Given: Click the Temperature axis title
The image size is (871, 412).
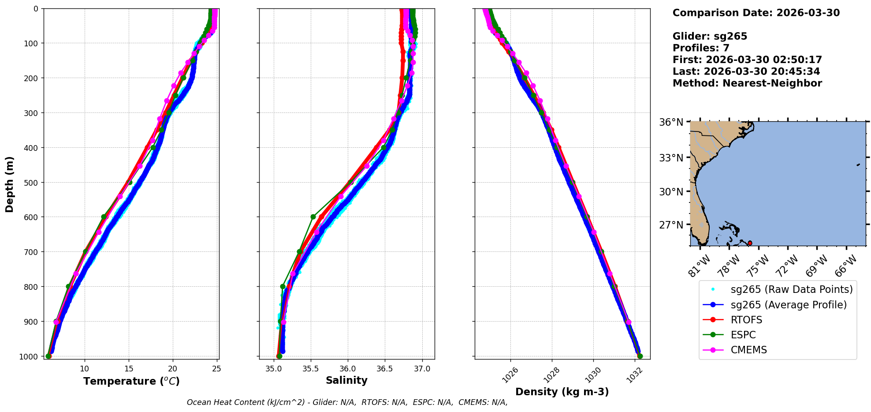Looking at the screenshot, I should click(131, 381).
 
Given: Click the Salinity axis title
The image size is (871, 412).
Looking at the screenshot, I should click(346, 380).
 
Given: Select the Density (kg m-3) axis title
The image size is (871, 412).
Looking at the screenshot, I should click(562, 392).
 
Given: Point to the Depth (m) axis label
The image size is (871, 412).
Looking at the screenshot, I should click(9, 184).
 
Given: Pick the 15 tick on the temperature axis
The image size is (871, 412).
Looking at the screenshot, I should click(129, 369).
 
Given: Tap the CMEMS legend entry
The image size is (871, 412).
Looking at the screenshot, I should click(748, 350).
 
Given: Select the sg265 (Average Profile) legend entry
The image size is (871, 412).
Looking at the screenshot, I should click(789, 305).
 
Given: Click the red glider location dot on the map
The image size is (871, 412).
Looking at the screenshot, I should click(750, 243).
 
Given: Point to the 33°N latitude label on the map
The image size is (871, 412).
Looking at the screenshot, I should click(671, 157).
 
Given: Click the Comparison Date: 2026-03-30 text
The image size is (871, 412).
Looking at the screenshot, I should click(756, 13).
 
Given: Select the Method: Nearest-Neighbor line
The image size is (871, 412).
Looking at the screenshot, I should click(747, 83).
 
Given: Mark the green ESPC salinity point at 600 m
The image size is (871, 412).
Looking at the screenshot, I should click(313, 217).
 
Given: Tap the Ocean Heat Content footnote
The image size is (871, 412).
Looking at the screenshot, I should click(347, 402).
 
